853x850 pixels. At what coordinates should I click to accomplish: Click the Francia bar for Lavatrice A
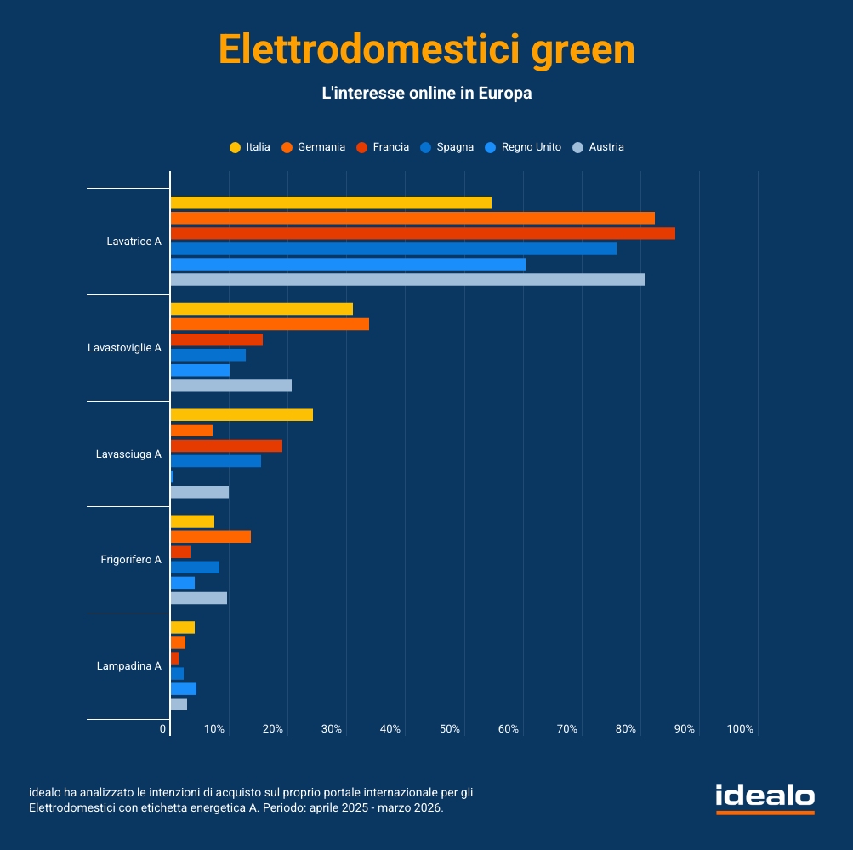(423, 233)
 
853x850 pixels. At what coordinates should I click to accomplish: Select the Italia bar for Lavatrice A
(331, 203)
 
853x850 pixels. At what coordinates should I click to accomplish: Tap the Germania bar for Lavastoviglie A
(270, 324)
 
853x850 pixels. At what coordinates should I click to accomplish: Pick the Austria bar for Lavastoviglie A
(230, 385)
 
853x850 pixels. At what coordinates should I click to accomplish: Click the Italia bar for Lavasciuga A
(242, 415)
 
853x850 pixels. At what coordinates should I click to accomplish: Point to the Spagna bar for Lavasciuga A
(216, 461)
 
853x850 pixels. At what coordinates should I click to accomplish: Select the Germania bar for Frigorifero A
(211, 537)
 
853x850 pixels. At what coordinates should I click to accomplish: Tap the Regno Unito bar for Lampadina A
(184, 688)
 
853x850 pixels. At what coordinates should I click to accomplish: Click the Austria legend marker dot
(578, 147)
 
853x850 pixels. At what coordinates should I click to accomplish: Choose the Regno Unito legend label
(531, 147)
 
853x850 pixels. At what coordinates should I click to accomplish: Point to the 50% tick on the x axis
(450, 729)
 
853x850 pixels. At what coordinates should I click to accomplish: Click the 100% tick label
(740, 729)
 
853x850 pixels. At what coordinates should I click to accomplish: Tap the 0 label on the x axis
(163, 729)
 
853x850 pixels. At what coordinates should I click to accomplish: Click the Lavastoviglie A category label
(124, 348)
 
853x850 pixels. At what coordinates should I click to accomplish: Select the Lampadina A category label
(129, 666)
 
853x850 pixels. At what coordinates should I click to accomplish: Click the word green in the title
(583, 49)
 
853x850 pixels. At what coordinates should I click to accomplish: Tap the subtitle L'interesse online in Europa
(426, 94)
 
